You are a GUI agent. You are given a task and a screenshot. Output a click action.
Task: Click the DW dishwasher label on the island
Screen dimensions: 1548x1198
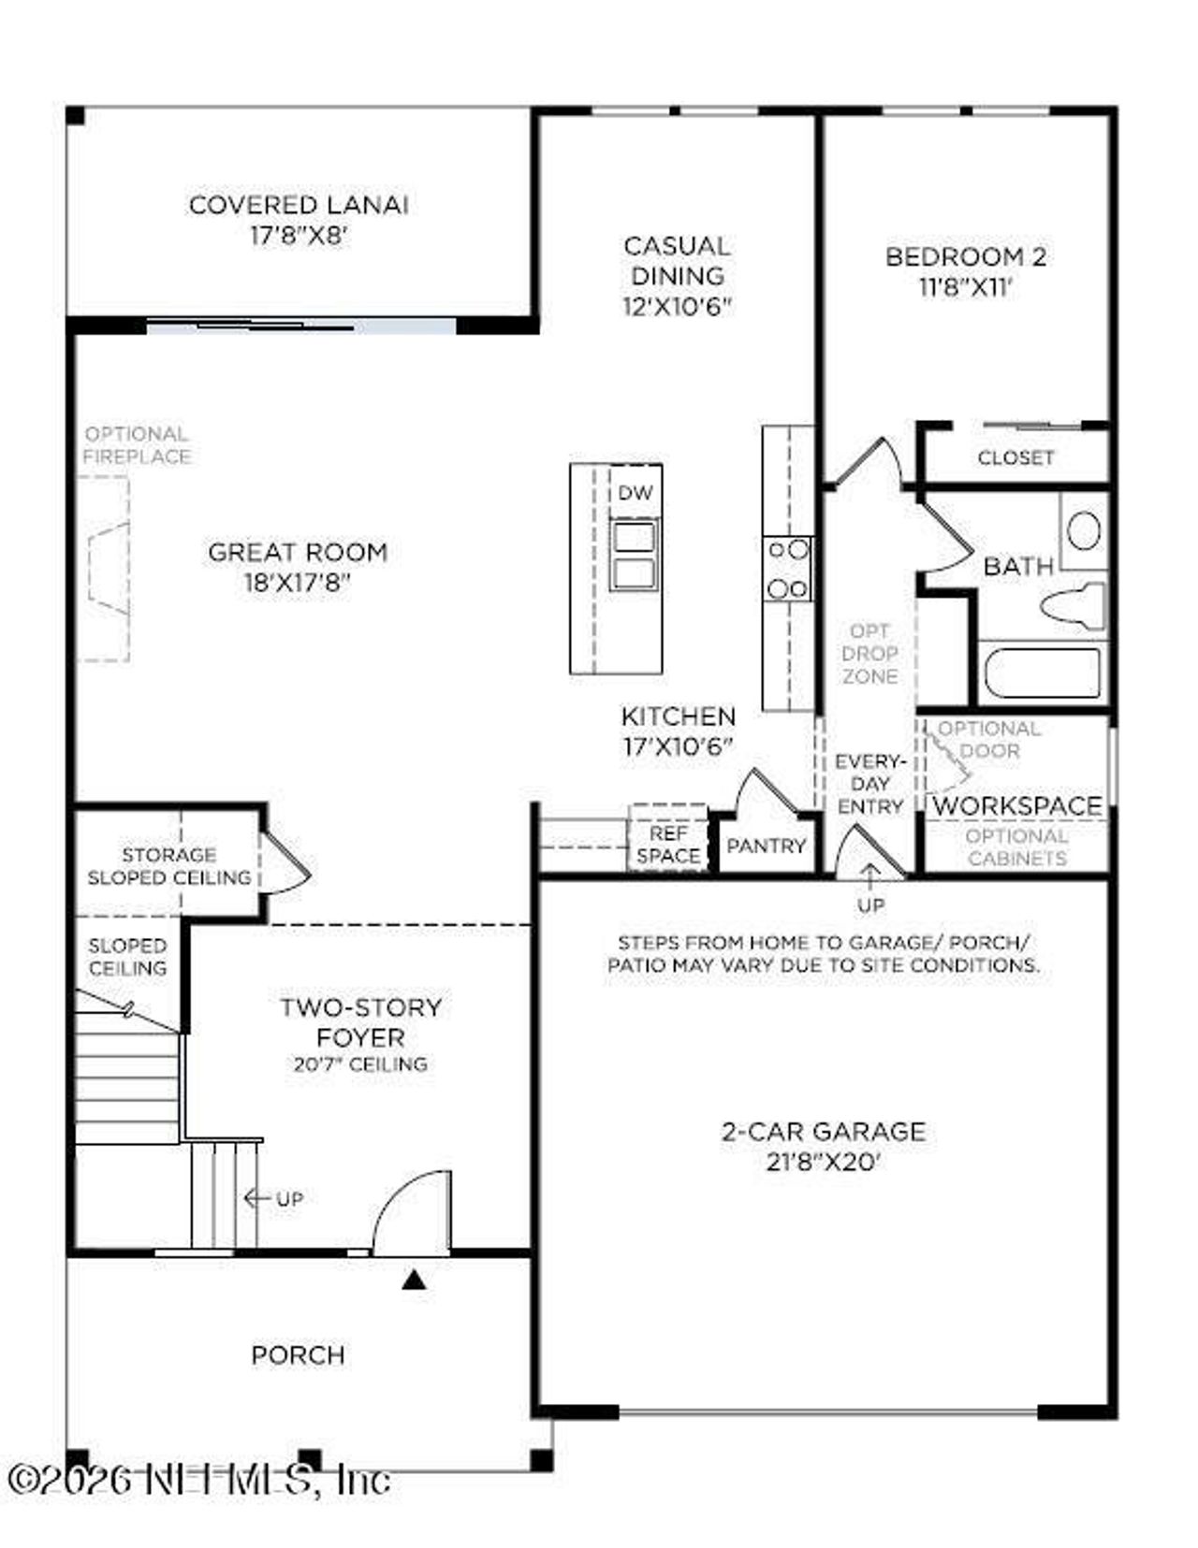click(635, 493)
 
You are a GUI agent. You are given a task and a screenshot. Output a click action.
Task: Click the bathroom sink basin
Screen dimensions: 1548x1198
click(1084, 531)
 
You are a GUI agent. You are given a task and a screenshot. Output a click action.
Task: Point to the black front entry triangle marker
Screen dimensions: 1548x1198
click(414, 1279)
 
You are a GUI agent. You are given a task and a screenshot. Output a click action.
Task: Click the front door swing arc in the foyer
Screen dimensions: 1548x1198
click(412, 1211)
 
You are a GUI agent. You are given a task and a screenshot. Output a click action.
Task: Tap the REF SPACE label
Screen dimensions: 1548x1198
click(668, 844)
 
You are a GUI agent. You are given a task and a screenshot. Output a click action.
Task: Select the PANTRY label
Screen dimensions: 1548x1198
click(766, 846)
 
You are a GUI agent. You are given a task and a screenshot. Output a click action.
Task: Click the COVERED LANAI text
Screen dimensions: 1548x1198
click(299, 205)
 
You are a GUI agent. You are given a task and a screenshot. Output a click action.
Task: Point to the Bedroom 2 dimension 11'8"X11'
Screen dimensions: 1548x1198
click(966, 287)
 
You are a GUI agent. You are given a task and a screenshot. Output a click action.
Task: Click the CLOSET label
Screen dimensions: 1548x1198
click(1015, 457)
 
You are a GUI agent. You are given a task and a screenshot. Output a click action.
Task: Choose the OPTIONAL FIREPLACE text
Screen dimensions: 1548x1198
click(137, 445)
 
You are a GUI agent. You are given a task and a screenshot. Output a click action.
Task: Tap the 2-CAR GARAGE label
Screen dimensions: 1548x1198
click(823, 1131)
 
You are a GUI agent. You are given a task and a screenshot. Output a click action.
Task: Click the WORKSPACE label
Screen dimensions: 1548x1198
click(1017, 805)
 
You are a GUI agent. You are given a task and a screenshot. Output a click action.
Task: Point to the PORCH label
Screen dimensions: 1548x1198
click(298, 1354)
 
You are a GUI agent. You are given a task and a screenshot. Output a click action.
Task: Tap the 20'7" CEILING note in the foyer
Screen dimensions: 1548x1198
click(360, 1063)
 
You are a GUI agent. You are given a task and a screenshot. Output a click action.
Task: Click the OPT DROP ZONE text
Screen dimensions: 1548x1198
click(869, 653)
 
